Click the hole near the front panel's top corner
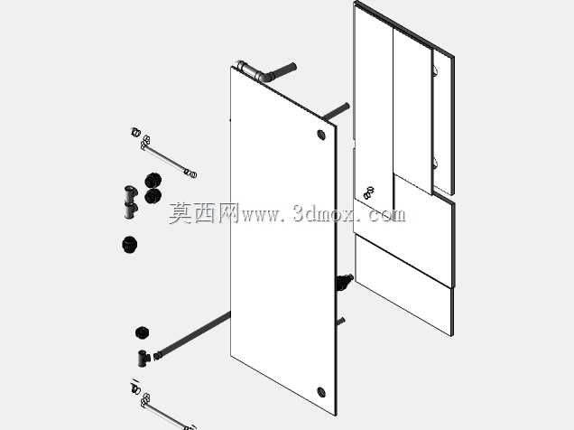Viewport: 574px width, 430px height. click(321, 135)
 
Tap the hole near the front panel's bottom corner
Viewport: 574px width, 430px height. click(321, 392)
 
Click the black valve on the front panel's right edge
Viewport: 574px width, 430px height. click(344, 282)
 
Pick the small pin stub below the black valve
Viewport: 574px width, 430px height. click(341, 322)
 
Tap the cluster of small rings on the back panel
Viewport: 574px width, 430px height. click(369, 192)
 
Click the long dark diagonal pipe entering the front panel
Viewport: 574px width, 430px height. click(192, 335)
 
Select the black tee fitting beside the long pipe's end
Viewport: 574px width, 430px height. click(143, 359)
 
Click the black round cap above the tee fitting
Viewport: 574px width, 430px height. click(142, 332)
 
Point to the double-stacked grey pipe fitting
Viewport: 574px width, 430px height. click(130, 201)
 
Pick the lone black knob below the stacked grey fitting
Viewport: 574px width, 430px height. click(130, 244)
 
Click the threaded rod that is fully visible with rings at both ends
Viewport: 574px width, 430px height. click(164, 154)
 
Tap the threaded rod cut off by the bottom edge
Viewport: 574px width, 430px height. click(163, 407)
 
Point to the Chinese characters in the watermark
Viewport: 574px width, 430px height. click(204, 213)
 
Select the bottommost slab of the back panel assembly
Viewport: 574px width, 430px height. click(404, 285)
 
